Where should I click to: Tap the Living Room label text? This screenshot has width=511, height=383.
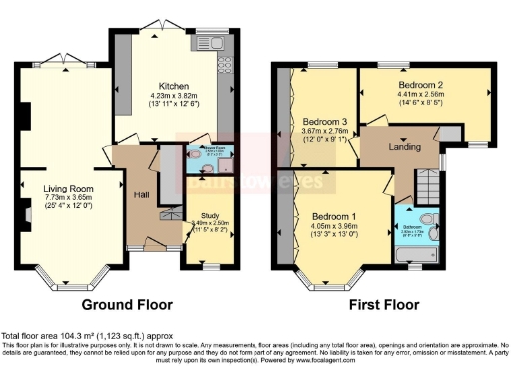[68, 187]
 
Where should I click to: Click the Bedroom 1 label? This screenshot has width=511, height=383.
[333, 216]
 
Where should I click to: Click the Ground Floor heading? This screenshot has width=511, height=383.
[126, 304]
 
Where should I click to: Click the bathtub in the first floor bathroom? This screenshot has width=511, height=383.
[413, 264]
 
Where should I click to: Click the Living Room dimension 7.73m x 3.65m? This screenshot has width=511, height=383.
[68, 197]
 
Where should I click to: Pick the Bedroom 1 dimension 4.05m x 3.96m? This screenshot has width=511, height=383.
[333, 226]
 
